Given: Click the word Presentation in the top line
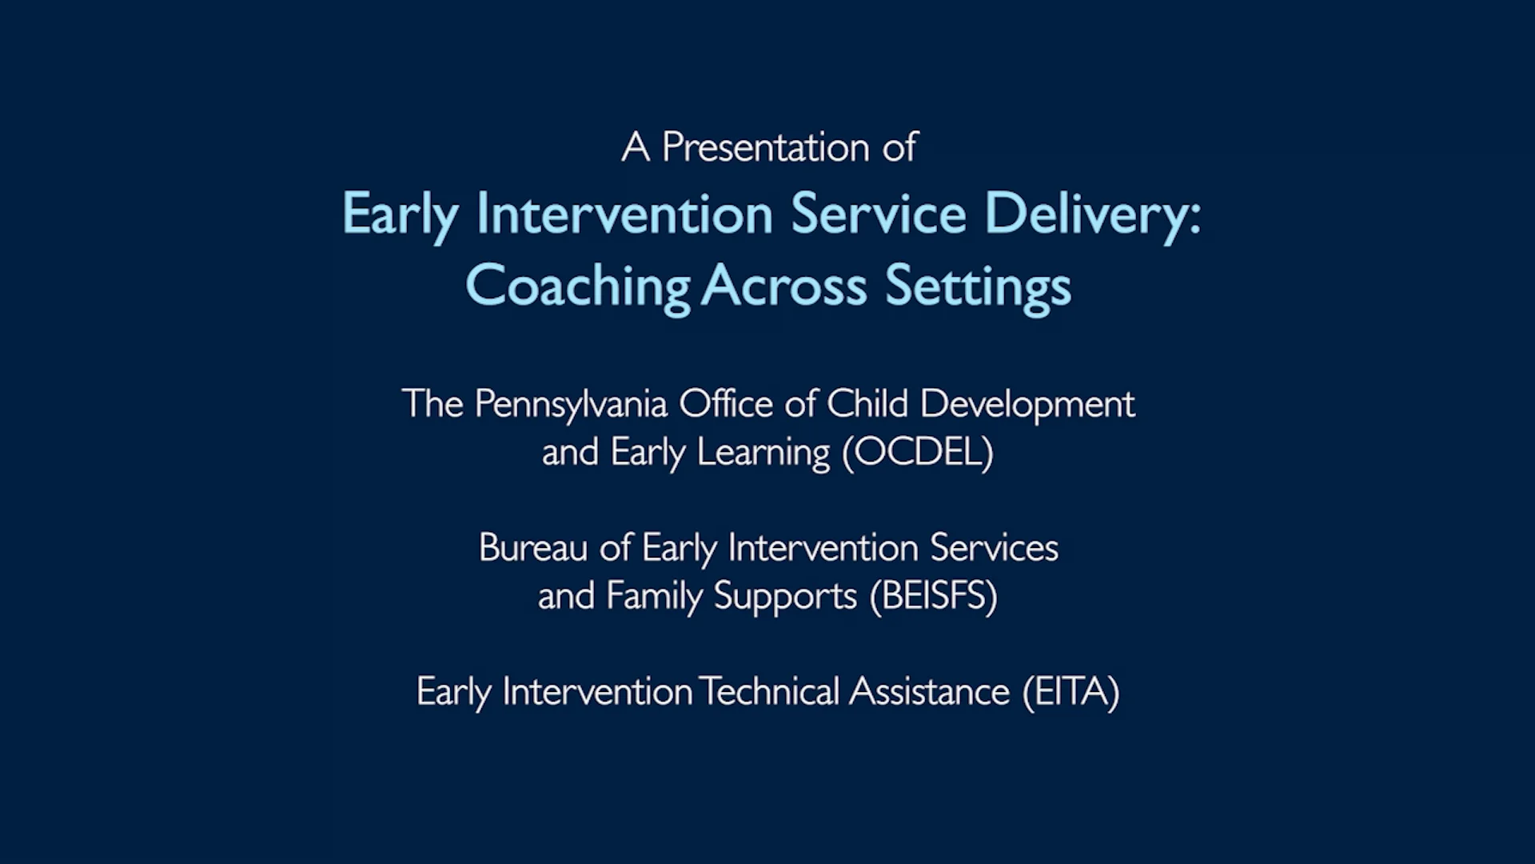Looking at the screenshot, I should [765, 148].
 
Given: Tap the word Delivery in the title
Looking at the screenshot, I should [1092, 214].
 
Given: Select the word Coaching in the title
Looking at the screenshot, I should [577, 286].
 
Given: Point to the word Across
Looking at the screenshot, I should [783, 286].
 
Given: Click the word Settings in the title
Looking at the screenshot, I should [978, 286].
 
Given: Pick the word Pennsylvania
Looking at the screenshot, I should [571, 405].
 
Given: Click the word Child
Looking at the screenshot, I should [867, 403].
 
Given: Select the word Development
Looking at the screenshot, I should [1027, 405].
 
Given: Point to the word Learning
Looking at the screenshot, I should [764, 453].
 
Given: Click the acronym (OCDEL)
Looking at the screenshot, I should [918, 452].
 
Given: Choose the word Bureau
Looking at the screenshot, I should [533, 548].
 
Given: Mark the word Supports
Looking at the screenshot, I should [785, 597].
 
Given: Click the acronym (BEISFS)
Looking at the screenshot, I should [934, 596].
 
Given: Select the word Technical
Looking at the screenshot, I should [768, 692].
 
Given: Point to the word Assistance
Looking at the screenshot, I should [929, 692].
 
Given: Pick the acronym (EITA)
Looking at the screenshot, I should [1071, 692].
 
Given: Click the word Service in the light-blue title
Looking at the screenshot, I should [878, 214].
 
